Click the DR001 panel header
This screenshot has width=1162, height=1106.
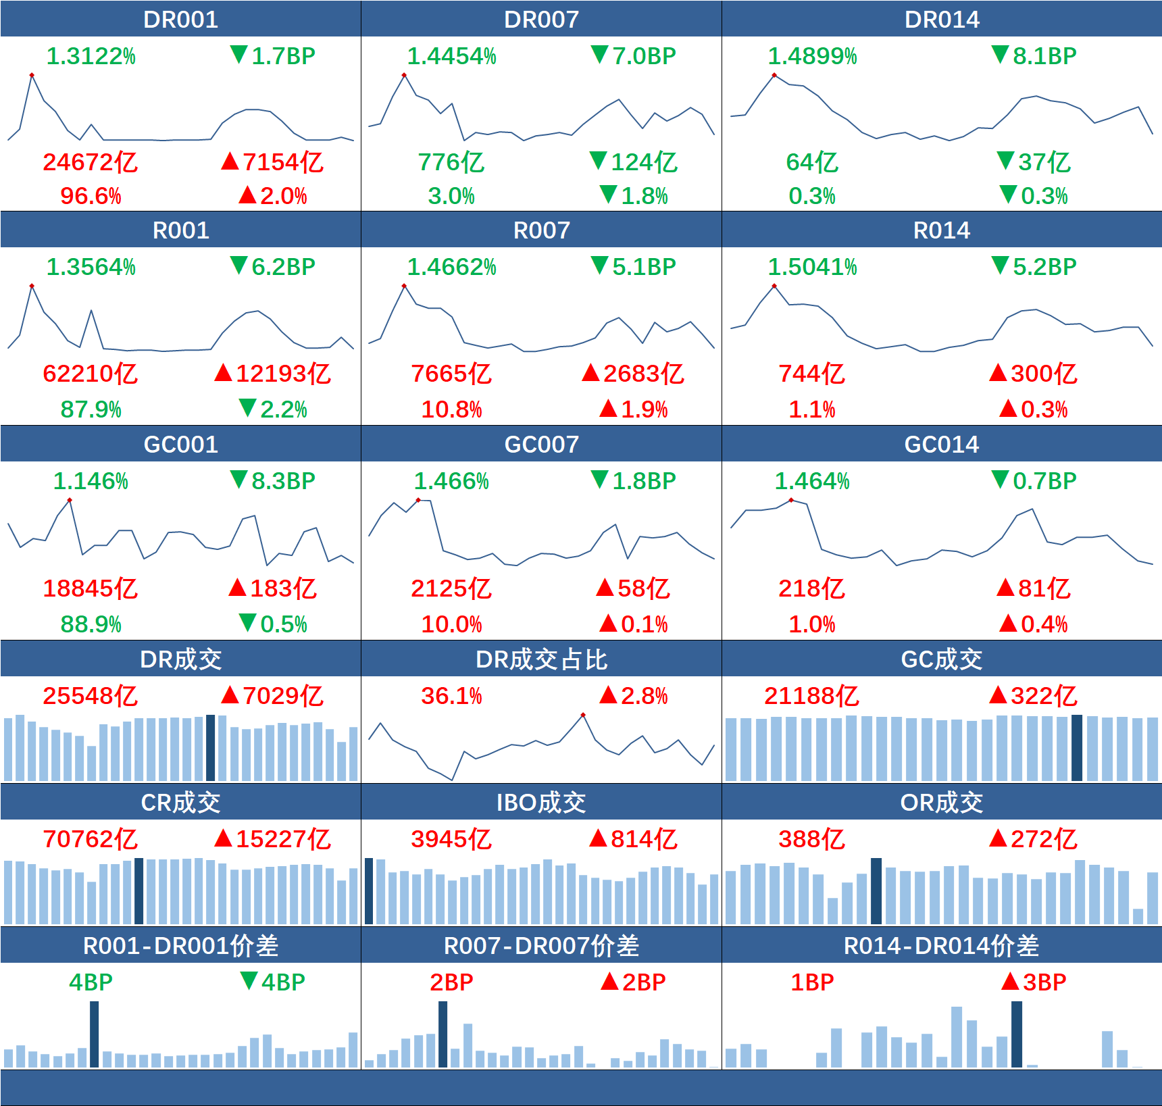pyautogui.click(x=180, y=20)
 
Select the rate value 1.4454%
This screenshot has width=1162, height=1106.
pyautogui.click(x=451, y=56)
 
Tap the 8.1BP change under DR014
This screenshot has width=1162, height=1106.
pyautogui.click(x=1034, y=56)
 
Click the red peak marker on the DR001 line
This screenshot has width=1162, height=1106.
pyautogui.click(x=32, y=75)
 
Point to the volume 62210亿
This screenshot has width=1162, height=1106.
pyautogui.click(x=90, y=374)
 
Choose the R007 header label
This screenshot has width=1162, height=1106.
pyautogui.click(x=541, y=230)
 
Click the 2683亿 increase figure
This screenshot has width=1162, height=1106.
pyautogui.click(x=633, y=374)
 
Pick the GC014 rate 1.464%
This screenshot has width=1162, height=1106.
pyautogui.click(x=811, y=481)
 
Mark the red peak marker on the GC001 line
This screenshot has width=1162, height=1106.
pyautogui.click(x=70, y=500)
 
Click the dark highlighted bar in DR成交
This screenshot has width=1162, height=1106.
pyautogui.click(x=210, y=747)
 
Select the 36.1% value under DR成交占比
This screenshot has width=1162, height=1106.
pyautogui.click(x=451, y=696)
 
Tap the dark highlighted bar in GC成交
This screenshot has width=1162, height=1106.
pyautogui.click(x=1077, y=747)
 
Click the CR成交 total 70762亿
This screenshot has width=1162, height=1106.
pyautogui.click(x=90, y=839)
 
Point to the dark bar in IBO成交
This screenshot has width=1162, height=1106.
pyautogui.click(x=369, y=890)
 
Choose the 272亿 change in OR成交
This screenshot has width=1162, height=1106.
pyautogui.click(x=1033, y=839)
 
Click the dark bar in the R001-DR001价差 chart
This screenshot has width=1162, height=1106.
pyautogui.click(x=95, y=1034)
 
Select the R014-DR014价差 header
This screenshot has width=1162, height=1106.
pyautogui.click(x=941, y=946)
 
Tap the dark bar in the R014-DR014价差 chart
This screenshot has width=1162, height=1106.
pyautogui.click(x=1017, y=1034)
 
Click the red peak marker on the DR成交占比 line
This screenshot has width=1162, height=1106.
pyautogui.click(x=583, y=715)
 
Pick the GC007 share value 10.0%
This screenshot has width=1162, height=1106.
pyautogui.click(x=451, y=624)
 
